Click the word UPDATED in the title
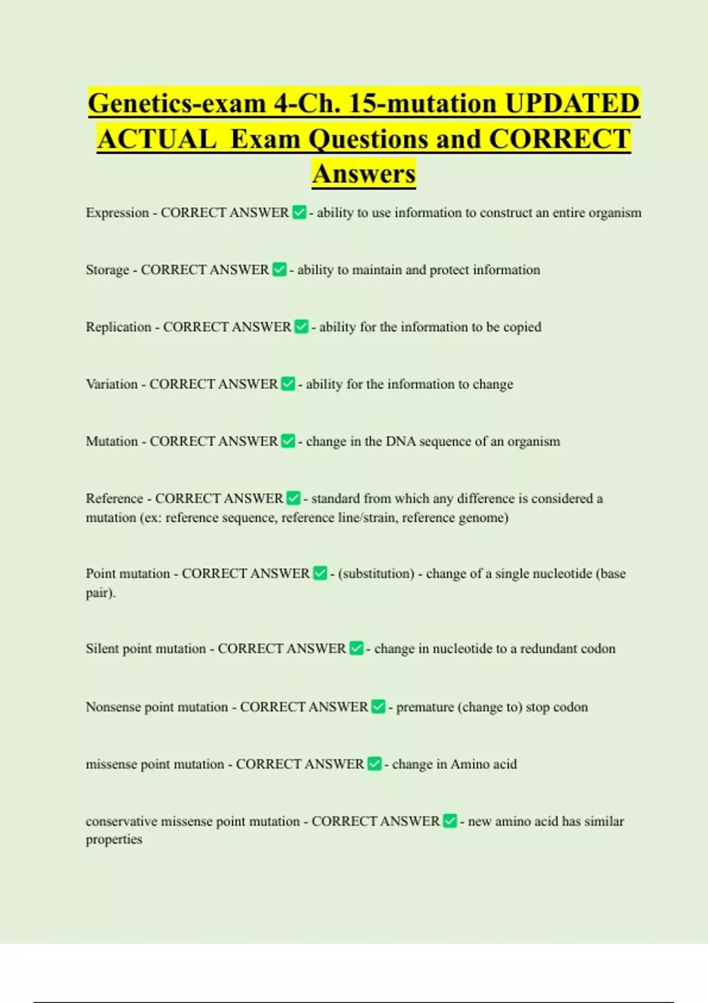572,103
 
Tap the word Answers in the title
364,174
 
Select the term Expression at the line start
117,213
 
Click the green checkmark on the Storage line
280,270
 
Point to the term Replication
119,327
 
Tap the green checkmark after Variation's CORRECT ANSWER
288,384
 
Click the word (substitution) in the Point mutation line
376,573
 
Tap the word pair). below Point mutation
100,593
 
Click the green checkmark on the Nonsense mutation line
378,707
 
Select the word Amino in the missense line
470,764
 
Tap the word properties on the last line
114,840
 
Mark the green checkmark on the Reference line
293,499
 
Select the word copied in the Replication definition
522,327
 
